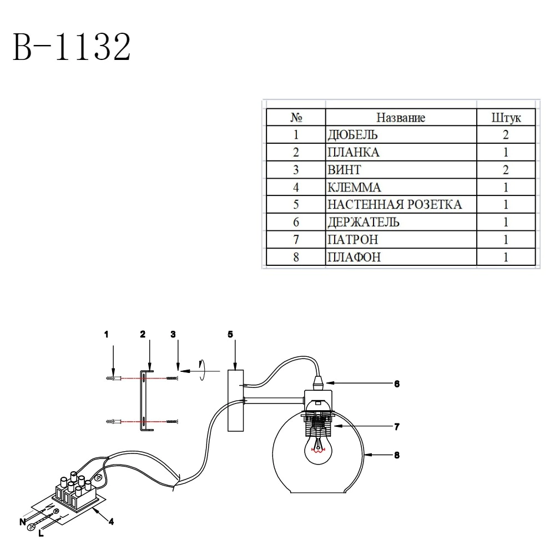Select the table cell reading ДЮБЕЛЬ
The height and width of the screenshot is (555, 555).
tap(353, 135)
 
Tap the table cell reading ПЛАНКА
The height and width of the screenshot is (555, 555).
tap(354, 152)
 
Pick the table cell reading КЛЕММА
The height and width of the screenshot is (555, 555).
tap(355, 187)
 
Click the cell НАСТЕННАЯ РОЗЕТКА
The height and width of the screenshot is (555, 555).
tap(394, 204)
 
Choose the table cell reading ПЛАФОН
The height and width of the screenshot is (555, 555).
tap(355, 257)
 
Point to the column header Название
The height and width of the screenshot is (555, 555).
tap(401, 118)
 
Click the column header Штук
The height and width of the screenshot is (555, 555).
tap(506, 118)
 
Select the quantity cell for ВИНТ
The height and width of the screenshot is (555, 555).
tap(506, 170)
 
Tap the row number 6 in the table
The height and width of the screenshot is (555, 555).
tap(296, 222)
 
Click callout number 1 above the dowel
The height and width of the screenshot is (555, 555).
tap(106, 334)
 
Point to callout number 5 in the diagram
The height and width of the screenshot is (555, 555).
tap(230, 334)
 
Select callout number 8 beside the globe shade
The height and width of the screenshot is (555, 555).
tap(396, 455)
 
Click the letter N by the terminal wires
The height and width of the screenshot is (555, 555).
tap(22, 521)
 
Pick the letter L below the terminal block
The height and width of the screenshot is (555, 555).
tap(41, 534)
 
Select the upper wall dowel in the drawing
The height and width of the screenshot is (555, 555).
tap(113, 378)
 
